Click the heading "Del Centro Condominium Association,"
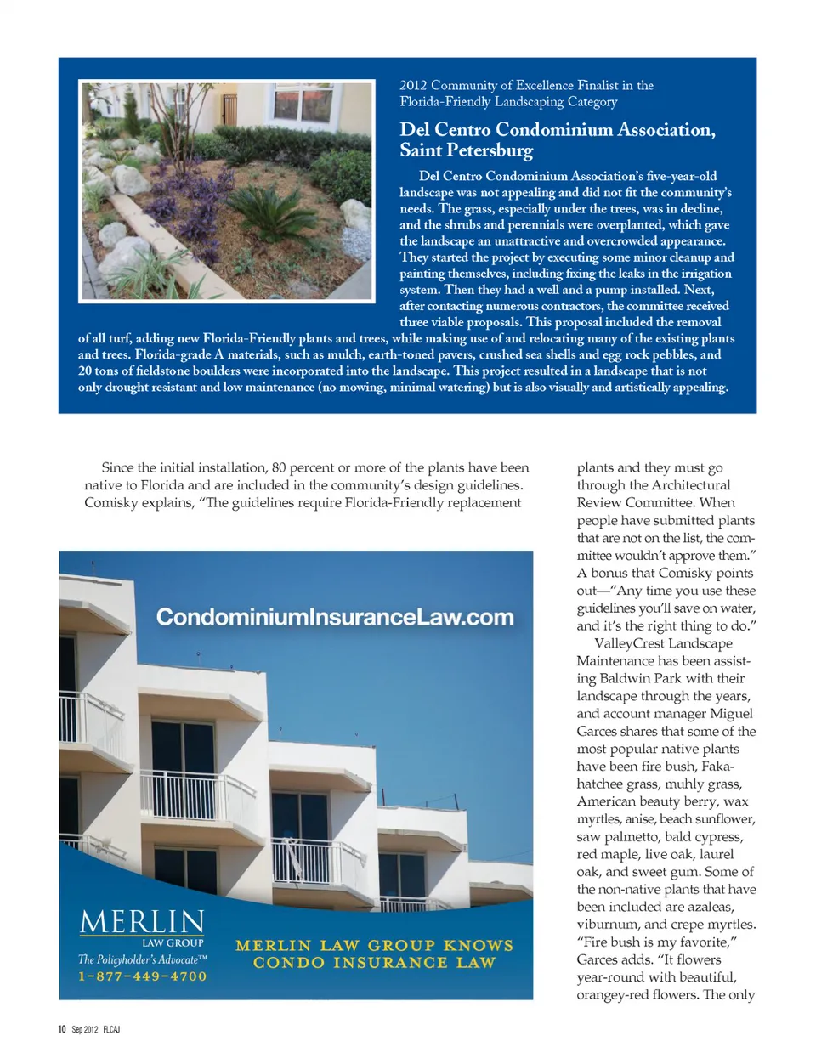click(x=557, y=130)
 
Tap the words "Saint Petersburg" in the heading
click(x=467, y=151)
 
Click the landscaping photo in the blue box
click(x=227, y=190)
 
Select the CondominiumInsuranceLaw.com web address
click(x=335, y=617)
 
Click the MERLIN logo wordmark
click(x=142, y=922)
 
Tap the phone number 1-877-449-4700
click(x=143, y=976)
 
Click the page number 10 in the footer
click(x=62, y=1029)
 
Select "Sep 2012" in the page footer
click(x=85, y=1029)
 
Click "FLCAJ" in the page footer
click(x=111, y=1029)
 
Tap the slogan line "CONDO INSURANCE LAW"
click(x=374, y=963)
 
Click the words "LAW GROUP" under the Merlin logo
click(x=173, y=942)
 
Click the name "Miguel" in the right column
click(x=730, y=714)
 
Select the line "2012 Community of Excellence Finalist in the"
click(x=526, y=85)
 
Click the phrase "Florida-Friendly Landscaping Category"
click(x=508, y=102)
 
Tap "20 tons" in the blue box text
click(x=99, y=371)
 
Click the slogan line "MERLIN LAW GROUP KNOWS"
click(x=374, y=945)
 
